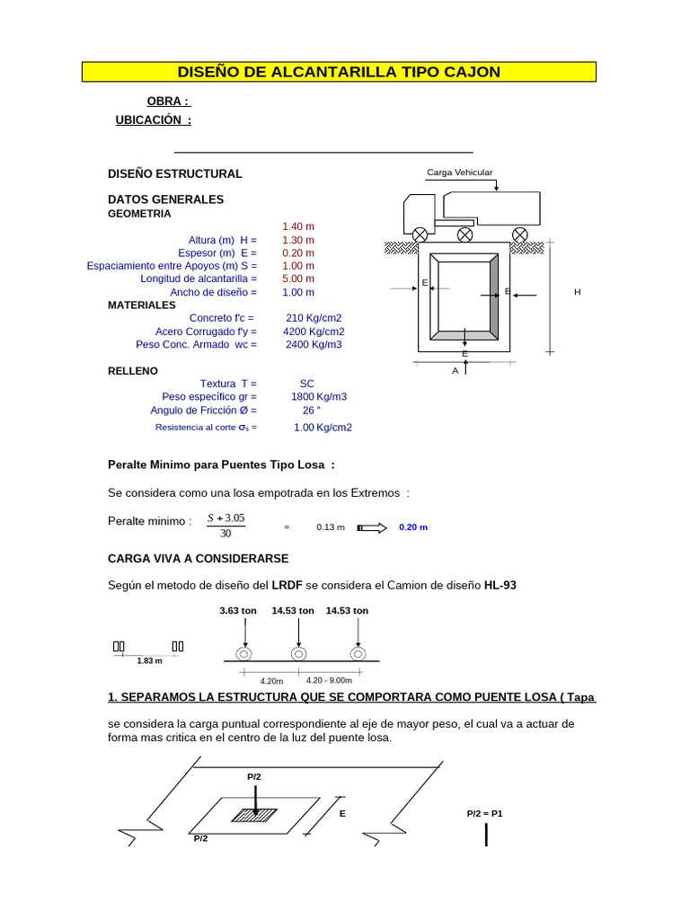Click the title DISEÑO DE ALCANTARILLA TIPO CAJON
(x=339, y=72)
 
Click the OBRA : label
(x=168, y=102)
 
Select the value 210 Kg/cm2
(x=314, y=318)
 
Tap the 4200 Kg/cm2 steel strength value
(x=313, y=332)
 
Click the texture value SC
(x=307, y=384)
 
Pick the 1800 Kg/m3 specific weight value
(x=319, y=396)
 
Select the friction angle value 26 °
(x=312, y=410)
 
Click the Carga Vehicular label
(x=460, y=172)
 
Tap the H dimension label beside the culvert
(x=578, y=293)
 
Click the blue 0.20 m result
(x=413, y=527)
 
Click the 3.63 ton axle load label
(x=238, y=611)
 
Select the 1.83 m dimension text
(x=149, y=661)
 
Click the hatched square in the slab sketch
(x=255, y=814)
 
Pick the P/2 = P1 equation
(x=485, y=813)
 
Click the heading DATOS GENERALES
(x=165, y=199)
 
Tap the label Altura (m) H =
(x=223, y=240)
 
